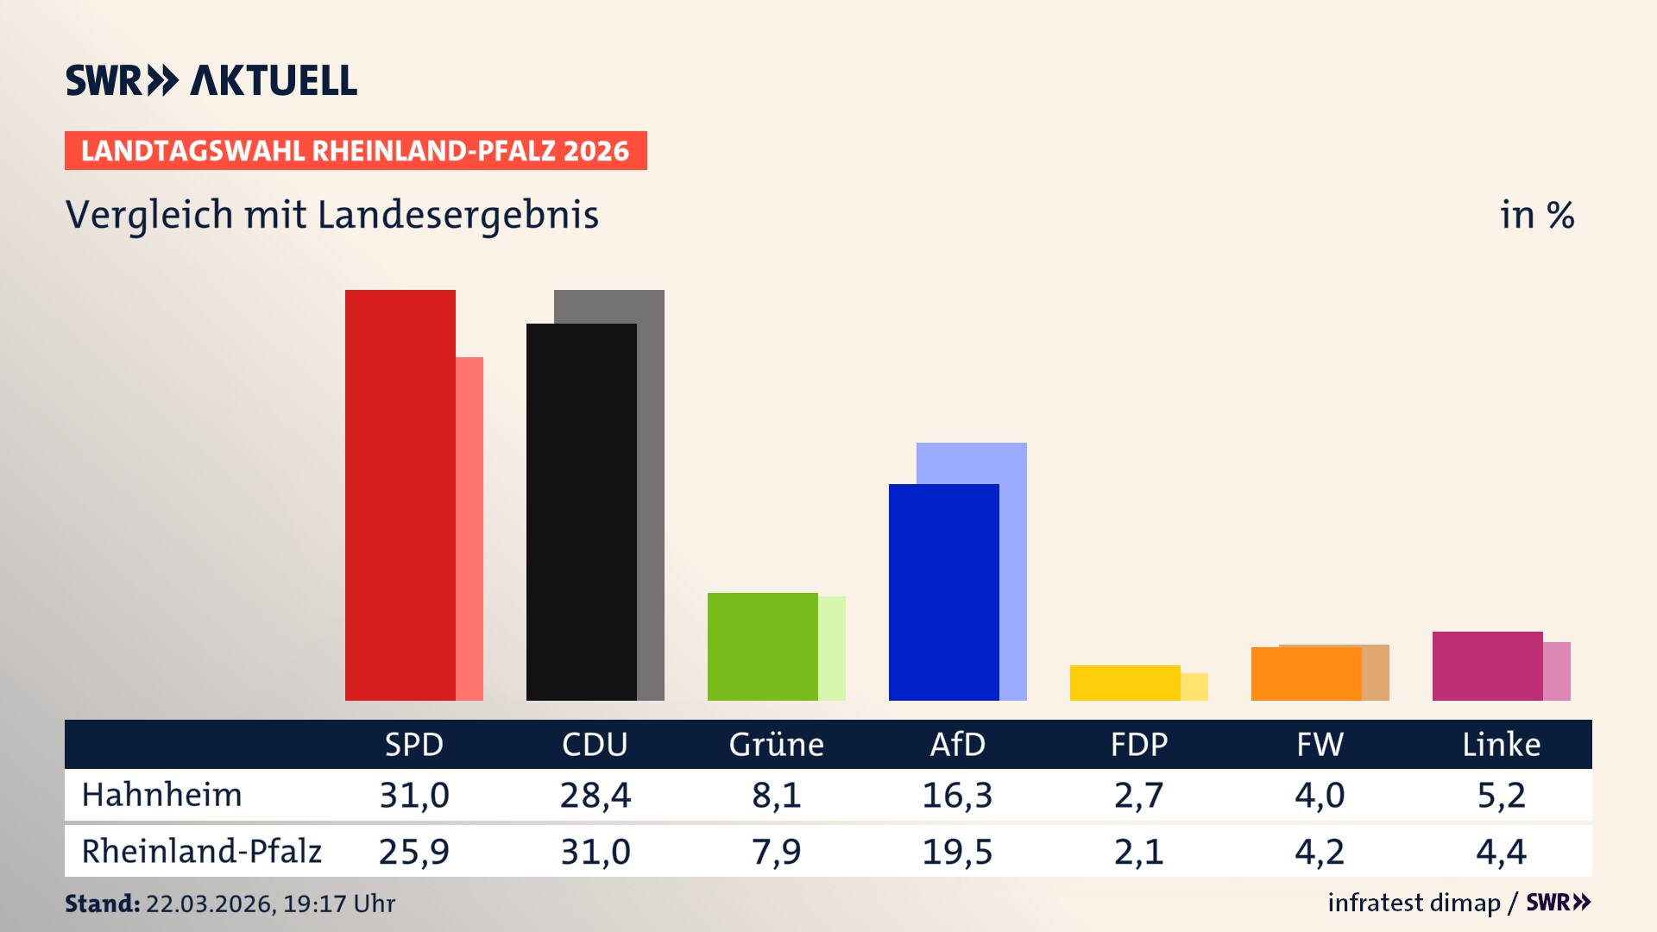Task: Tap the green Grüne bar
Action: (x=762, y=646)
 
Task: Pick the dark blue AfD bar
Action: (x=943, y=592)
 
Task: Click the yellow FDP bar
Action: (x=1125, y=683)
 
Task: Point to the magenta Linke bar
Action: (x=1487, y=665)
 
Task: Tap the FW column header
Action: (x=1320, y=744)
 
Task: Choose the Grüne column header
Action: (x=776, y=744)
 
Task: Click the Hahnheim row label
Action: (x=161, y=795)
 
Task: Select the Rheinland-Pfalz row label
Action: (x=201, y=851)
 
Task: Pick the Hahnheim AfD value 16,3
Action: (x=957, y=795)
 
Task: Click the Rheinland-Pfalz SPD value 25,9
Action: (x=413, y=852)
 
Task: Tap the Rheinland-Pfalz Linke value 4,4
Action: (x=1501, y=852)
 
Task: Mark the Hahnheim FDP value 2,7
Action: (x=1138, y=795)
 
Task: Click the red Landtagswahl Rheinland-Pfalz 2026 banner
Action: (x=356, y=150)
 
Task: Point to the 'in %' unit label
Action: (x=1536, y=215)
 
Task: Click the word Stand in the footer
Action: (x=102, y=904)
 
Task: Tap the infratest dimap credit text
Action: (x=1414, y=903)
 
